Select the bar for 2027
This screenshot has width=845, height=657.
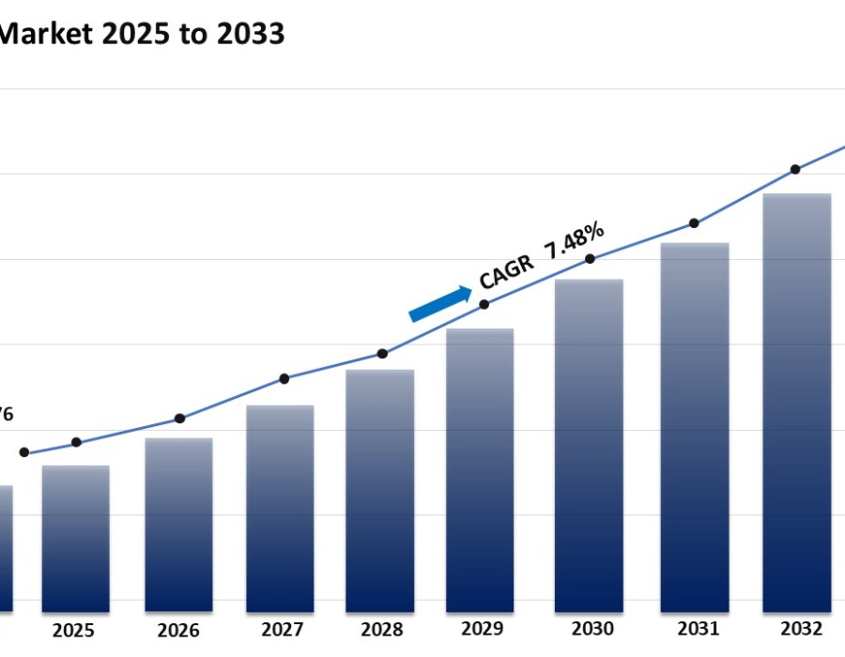coord(280,508)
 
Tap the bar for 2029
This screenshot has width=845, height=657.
coord(480,469)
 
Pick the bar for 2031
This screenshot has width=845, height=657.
coord(695,427)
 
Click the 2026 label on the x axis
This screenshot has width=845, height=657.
coord(178,630)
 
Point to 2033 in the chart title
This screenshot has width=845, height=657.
coord(250,34)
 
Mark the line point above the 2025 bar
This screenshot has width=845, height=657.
coord(76,442)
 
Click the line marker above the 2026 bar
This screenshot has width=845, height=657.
coord(180,419)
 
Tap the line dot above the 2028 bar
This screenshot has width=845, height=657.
coord(382,354)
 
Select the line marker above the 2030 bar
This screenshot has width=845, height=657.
coord(590,259)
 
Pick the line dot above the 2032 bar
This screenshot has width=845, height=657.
coord(795,170)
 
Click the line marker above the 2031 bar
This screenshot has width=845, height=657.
coord(694,223)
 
